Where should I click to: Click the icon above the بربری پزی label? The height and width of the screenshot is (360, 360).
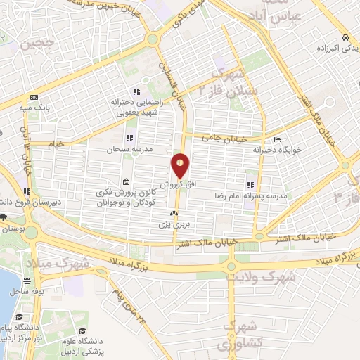click(x=174, y=213)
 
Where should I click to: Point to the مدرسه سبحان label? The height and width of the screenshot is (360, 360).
click(x=125, y=149)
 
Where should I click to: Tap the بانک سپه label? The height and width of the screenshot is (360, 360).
click(x=31, y=108)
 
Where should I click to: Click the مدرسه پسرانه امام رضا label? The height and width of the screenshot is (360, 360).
click(x=252, y=198)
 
